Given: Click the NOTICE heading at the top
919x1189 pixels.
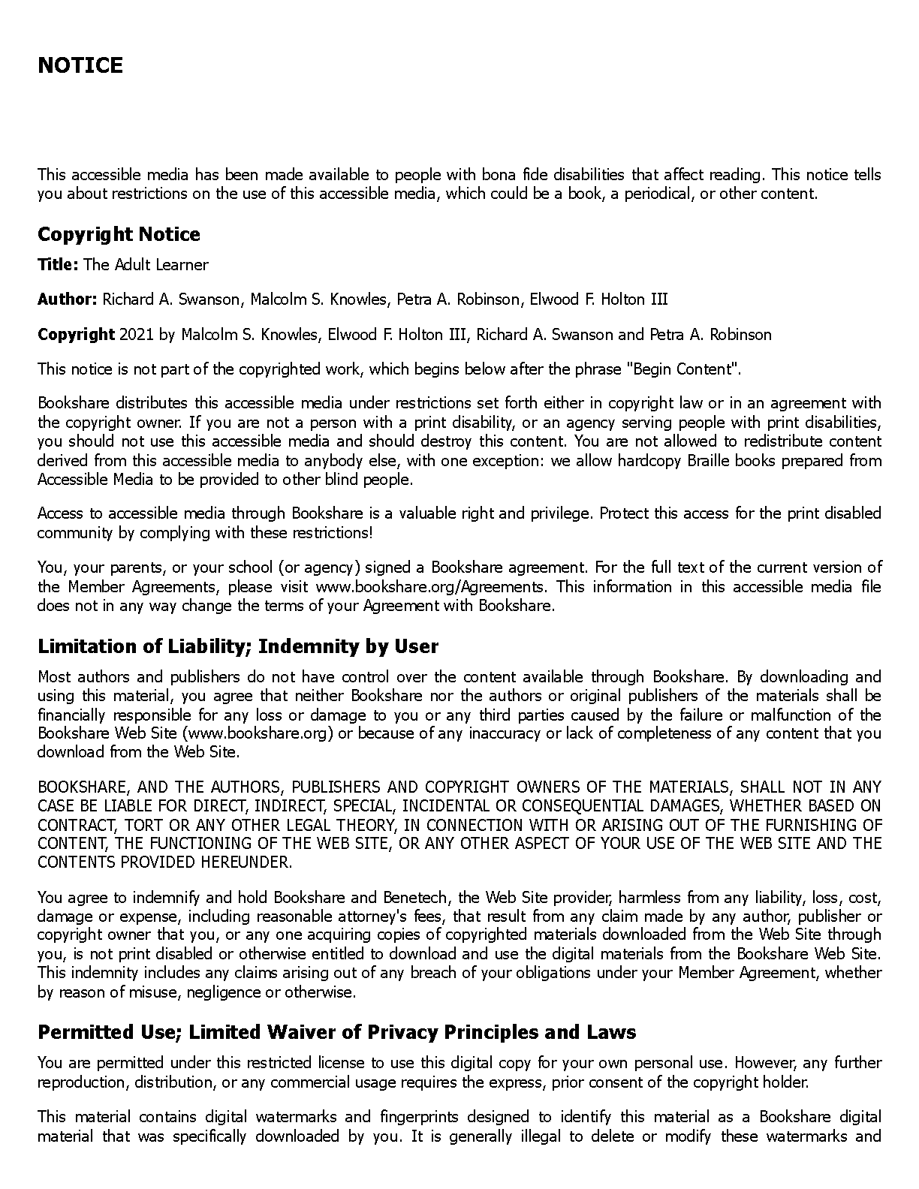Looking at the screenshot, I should pyautogui.click(x=80, y=65).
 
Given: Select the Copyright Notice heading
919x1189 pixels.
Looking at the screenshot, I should pyautogui.click(x=119, y=234).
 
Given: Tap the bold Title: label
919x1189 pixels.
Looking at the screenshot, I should pyautogui.click(x=58, y=264).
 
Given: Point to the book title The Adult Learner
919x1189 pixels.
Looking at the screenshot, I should pyautogui.click(x=146, y=264).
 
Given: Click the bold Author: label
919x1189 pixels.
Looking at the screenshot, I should pyautogui.click(x=67, y=300).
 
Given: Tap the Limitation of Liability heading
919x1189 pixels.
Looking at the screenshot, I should pyautogui.click(x=238, y=646).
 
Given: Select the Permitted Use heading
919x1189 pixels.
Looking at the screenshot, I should pyautogui.click(x=336, y=1032).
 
